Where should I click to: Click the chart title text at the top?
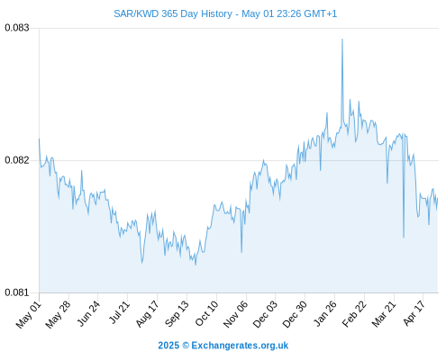[x=225, y=13]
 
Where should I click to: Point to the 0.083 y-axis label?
[x=17, y=28]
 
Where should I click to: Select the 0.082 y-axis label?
[x=17, y=160]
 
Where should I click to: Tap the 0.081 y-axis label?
[x=17, y=292]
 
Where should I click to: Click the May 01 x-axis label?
[x=29, y=314]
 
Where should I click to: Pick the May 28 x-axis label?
[x=58, y=314]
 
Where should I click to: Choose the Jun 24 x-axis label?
[x=88, y=313]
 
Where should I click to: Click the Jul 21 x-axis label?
[x=119, y=312]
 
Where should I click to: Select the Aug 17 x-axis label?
[x=147, y=314]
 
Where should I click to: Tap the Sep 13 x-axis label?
[x=177, y=314]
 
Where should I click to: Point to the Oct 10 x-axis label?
[x=206, y=313]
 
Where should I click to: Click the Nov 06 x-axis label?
[x=236, y=314]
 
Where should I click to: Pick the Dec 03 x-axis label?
[x=265, y=314]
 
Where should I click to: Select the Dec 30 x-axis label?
[x=295, y=314]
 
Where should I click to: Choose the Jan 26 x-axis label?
[x=325, y=313]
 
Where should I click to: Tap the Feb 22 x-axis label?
[x=354, y=314]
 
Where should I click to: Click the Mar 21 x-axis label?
[x=384, y=314]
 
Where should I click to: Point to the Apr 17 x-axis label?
[x=414, y=313]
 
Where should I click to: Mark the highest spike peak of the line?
[x=342, y=39]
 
